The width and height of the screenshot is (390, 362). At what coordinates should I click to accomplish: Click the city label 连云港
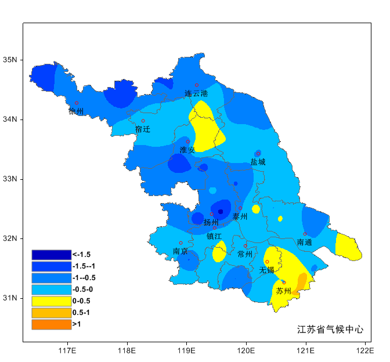(196, 93)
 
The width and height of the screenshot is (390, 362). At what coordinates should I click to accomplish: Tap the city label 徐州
(76, 111)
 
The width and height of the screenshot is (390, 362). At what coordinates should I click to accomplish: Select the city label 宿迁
(143, 129)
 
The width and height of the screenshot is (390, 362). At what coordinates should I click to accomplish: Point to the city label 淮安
(187, 150)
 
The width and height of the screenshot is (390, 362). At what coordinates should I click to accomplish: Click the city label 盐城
(258, 162)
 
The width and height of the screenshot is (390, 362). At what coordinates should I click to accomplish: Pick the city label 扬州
(211, 222)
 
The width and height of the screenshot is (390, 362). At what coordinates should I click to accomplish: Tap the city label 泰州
(240, 216)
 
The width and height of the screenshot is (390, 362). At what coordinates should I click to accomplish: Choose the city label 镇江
(214, 236)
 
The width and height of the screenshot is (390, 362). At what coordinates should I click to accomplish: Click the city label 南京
(180, 251)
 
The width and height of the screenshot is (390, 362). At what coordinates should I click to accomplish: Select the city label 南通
(305, 242)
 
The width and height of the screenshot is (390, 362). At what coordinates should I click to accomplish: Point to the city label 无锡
(266, 270)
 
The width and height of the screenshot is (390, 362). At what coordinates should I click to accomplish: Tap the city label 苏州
(283, 291)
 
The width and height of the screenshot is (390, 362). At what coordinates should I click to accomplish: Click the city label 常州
(245, 254)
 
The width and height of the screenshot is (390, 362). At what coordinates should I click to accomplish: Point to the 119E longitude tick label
(186, 350)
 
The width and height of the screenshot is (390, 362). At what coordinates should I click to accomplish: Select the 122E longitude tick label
(365, 350)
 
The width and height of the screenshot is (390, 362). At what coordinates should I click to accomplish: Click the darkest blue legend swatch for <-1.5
(51, 255)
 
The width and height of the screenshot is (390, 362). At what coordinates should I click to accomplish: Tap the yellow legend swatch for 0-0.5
(51, 301)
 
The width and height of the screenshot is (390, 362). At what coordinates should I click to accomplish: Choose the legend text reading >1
(77, 324)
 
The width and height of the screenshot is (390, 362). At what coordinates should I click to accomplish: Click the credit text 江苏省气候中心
(330, 330)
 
